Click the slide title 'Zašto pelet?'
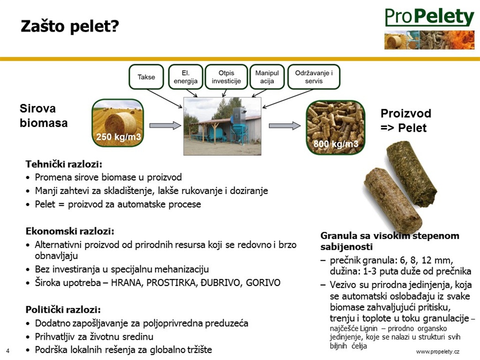(x=70, y=26)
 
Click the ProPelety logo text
(x=429, y=17)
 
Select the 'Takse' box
(x=146, y=77)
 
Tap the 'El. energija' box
(x=186, y=77)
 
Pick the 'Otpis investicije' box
(x=226, y=77)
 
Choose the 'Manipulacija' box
(x=267, y=77)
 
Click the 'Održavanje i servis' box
(x=314, y=77)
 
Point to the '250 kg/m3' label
(x=119, y=136)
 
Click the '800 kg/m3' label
(x=336, y=143)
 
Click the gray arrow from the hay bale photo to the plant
(x=165, y=126)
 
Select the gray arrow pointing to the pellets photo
(x=285, y=126)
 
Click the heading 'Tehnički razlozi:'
(x=64, y=165)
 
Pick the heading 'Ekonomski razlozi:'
(x=70, y=231)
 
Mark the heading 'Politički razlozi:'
(x=63, y=310)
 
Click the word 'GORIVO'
(x=263, y=282)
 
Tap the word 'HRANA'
(x=126, y=283)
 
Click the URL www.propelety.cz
(x=438, y=352)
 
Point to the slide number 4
(x=7, y=351)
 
